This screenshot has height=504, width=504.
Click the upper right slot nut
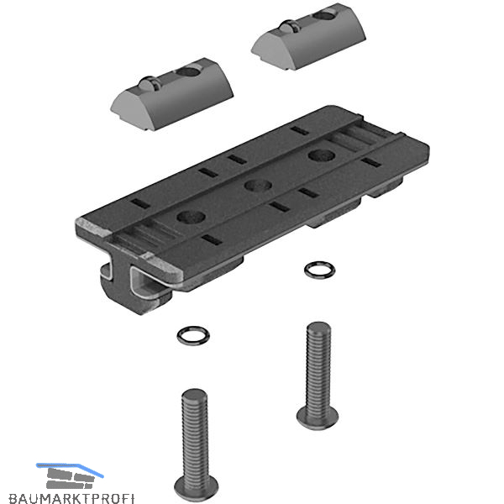click(308, 37)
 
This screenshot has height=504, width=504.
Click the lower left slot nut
click(171, 94)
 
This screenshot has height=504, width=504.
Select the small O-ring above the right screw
click(319, 270)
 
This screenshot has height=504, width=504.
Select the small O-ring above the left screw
click(193, 335)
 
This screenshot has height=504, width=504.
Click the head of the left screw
click(196, 488)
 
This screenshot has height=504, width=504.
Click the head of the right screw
click(318, 417)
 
